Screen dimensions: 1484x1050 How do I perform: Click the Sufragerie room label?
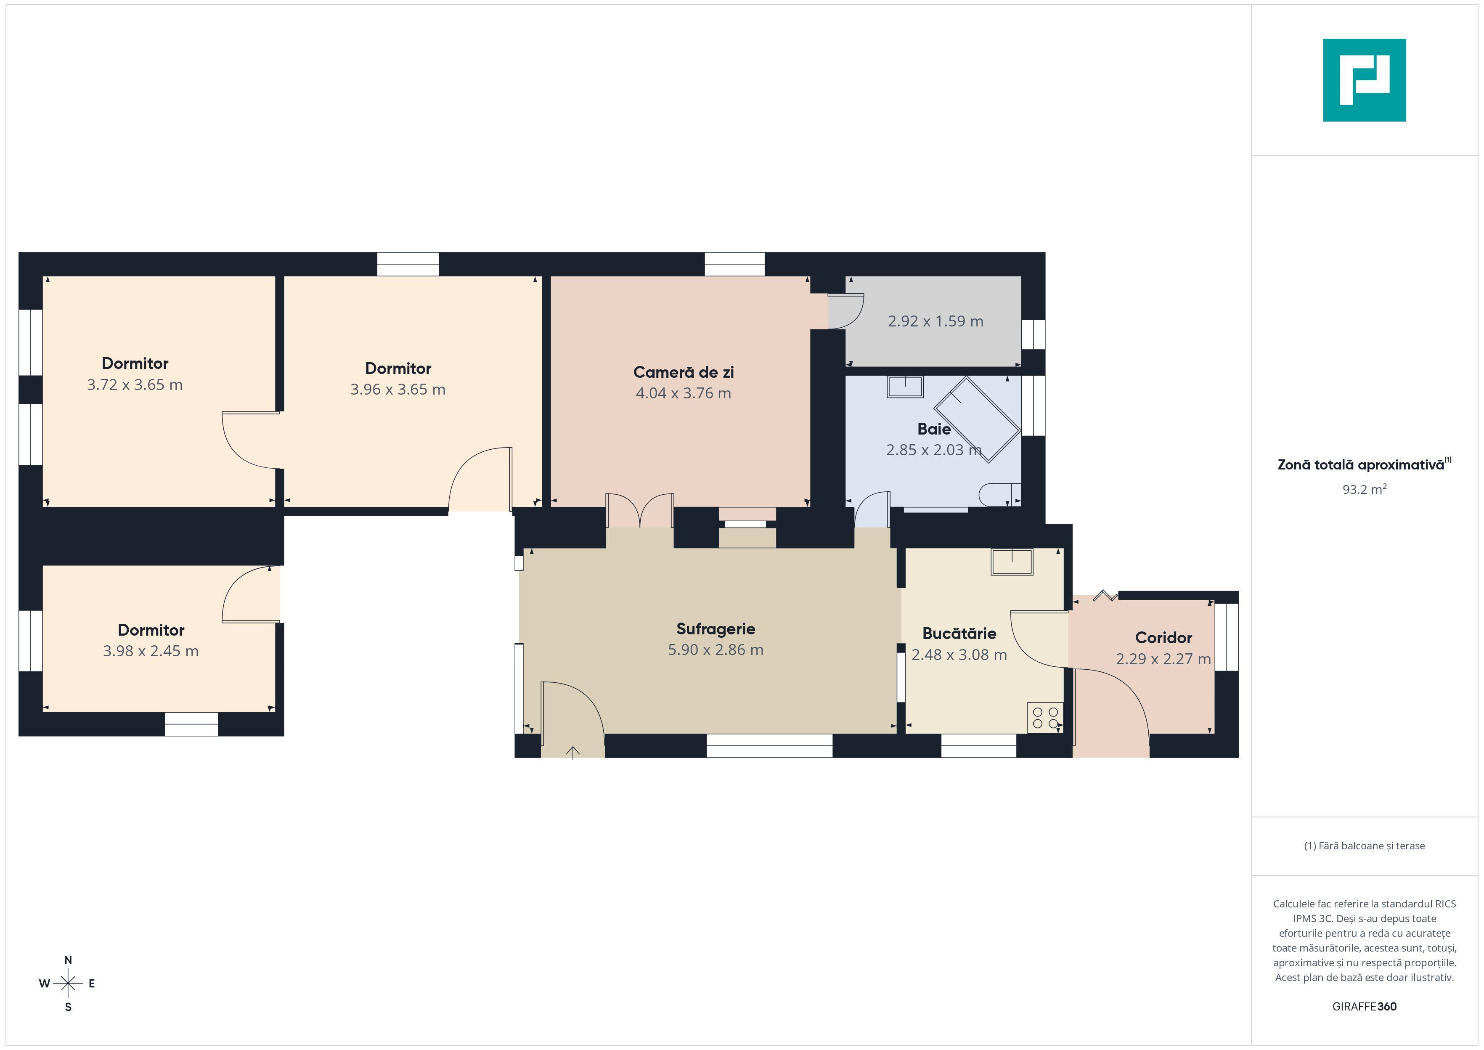click(715, 629)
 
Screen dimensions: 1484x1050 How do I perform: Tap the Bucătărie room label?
click(959, 634)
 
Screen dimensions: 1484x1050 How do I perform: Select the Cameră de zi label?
click(683, 372)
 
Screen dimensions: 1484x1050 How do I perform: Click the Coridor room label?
click(1163, 638)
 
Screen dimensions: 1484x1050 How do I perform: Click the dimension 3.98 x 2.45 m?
click(151, 651)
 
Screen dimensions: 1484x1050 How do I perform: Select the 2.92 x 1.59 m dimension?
click(935, 321)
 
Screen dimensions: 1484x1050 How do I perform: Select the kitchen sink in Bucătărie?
click(1012, 562)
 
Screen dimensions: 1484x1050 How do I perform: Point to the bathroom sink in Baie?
click(905, 387)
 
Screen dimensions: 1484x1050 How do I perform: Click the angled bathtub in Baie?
click(977, 419)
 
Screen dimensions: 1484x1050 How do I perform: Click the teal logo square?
click(1365, 80)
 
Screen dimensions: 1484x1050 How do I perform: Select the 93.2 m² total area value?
click(1365, 489)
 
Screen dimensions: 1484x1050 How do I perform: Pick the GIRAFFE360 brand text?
click(1365, 1007)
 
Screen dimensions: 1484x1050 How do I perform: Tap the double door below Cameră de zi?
click(640, 511)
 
